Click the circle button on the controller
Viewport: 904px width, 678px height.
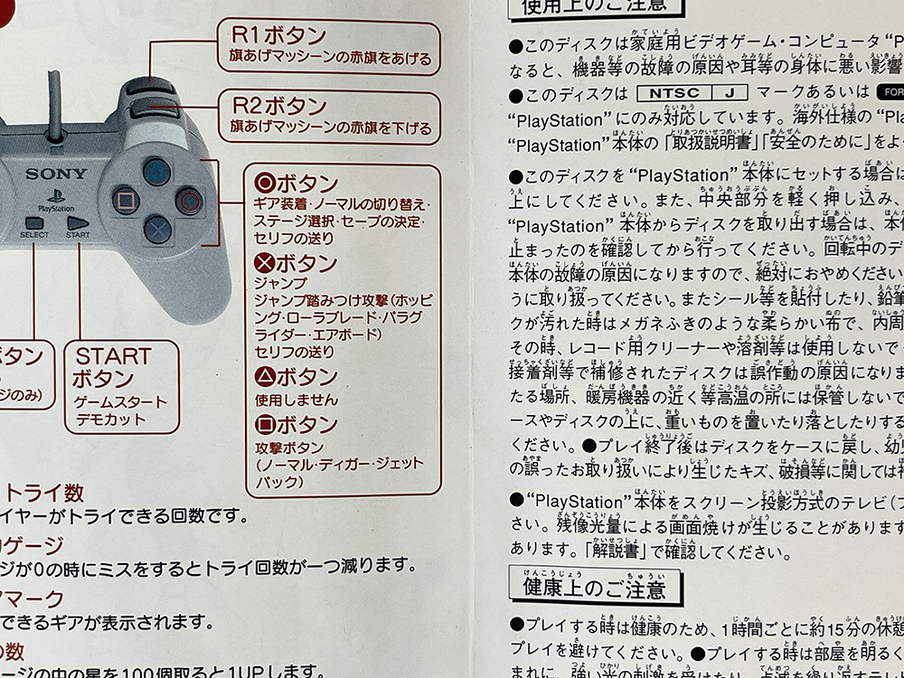pos(188,200)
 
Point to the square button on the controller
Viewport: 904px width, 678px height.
pos(125,199)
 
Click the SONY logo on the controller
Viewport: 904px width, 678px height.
pos(56,174)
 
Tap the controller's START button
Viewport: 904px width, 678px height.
pos(78,221)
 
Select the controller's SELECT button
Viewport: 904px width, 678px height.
pos(34,222)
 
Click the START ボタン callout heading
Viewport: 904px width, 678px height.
pos(111,367)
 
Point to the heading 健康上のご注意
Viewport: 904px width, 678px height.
pos(594,589)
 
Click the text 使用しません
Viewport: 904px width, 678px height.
pos(297,399)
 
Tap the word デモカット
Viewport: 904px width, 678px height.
pos(109,419)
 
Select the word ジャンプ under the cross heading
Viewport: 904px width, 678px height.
pos(281,284)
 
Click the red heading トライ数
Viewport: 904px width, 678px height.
pos(44,493)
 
